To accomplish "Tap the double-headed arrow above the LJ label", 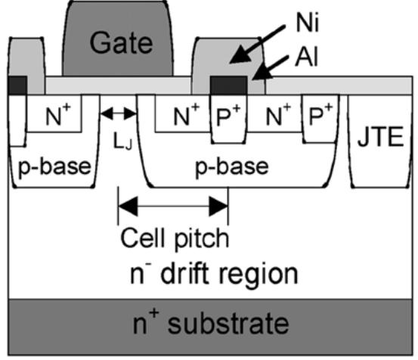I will point(119,114).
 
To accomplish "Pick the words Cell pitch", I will point(173,238).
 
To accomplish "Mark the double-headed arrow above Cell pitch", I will point(173,204).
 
